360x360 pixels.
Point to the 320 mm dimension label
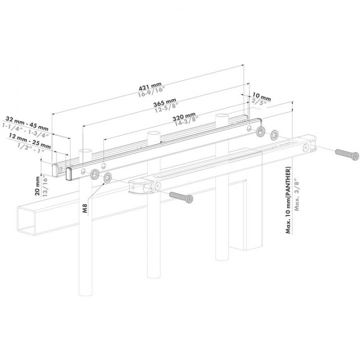pos(183,117)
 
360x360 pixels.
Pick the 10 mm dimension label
pos(261,95)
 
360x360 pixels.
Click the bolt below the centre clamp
pos(181,196)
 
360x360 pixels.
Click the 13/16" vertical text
pos(44,186)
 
